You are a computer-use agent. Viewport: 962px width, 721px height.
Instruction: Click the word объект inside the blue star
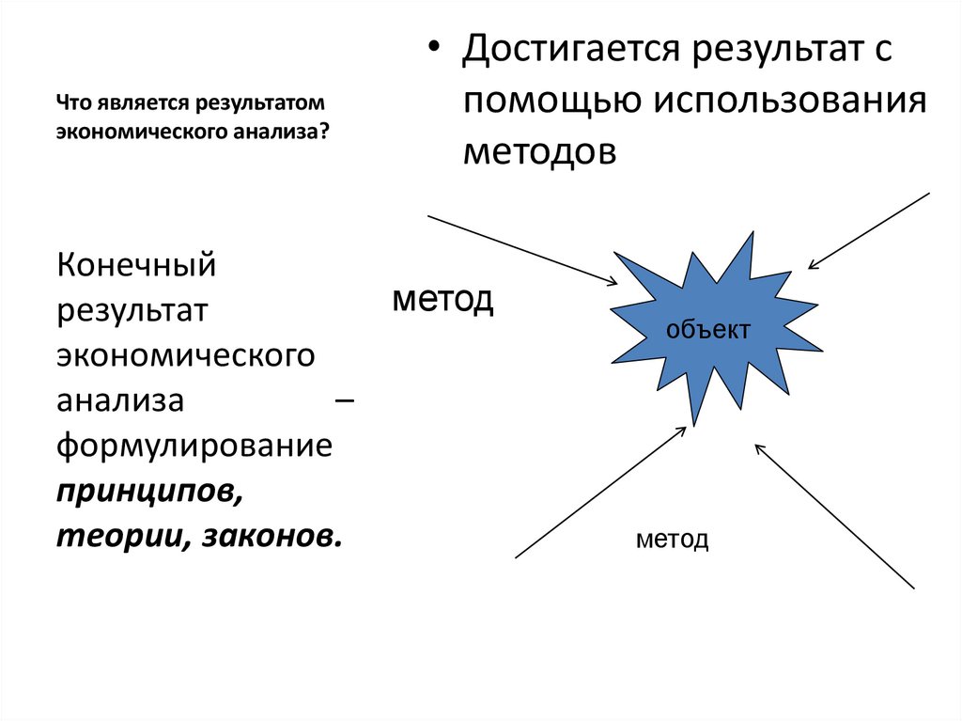[x=707, y=331]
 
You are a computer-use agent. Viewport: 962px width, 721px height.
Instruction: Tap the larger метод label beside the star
[x=442, y=301]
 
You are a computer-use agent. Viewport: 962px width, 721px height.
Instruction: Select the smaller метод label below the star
[x=672, y=541]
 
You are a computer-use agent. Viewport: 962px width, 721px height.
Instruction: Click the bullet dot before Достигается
[x=433, y=50]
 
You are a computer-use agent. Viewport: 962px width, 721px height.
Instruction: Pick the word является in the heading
[x=130, y=101]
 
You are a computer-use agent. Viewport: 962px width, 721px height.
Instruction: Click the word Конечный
[x=137, y=265]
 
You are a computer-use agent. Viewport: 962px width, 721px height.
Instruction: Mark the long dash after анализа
[x=344, y=401]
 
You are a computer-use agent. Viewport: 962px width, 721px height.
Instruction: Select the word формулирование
[x=194, y=446]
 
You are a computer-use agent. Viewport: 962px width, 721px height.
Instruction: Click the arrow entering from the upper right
[x=868, y=231]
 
